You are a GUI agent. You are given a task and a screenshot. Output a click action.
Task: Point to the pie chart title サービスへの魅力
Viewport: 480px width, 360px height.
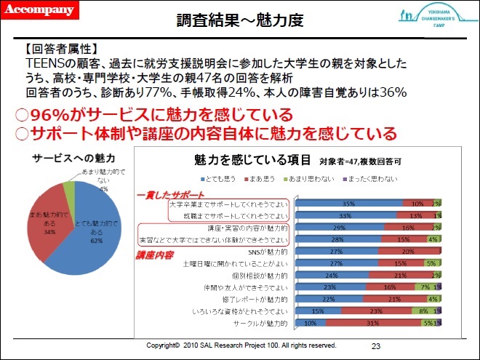[x=74, y=157]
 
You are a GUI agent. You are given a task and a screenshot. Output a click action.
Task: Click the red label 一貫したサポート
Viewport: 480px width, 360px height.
[x=171, y=195]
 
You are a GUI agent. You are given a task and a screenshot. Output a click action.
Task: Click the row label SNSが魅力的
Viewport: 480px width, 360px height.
[x=268, y=251]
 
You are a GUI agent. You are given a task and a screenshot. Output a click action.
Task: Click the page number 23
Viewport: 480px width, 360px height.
[x=376, y=345]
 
